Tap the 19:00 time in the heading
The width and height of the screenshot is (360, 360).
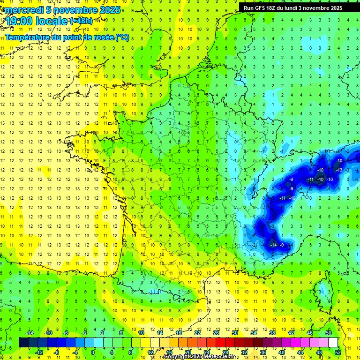17,22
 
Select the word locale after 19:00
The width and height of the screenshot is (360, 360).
50,22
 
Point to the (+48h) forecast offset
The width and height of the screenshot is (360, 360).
81,21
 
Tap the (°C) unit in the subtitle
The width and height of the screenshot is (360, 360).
122,37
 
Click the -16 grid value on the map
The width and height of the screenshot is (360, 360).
321,179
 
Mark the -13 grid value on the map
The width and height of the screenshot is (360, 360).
339,170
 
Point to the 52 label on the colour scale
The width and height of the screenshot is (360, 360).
337,352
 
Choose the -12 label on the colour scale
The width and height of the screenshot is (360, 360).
39,352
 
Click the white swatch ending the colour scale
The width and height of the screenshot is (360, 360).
333,342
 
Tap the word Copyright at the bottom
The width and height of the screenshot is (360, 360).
178,356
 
